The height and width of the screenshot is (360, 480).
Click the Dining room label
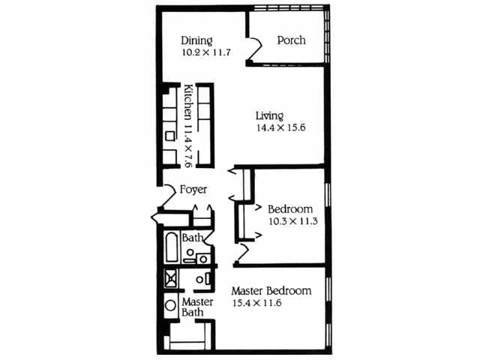point(197,40)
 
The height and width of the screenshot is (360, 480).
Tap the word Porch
point(291,40)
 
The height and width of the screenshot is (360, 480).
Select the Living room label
point(269,115)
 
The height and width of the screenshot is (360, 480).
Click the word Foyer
point(193,190)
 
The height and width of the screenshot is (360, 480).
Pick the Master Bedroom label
point(271,291)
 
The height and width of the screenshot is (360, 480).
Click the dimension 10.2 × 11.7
point(207,53)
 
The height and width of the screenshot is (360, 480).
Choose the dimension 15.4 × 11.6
point(260,303)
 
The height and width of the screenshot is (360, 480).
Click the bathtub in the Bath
point(170,246)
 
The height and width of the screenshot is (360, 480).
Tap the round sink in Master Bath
point(170,306)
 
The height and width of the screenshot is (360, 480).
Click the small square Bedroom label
point(290,208)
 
